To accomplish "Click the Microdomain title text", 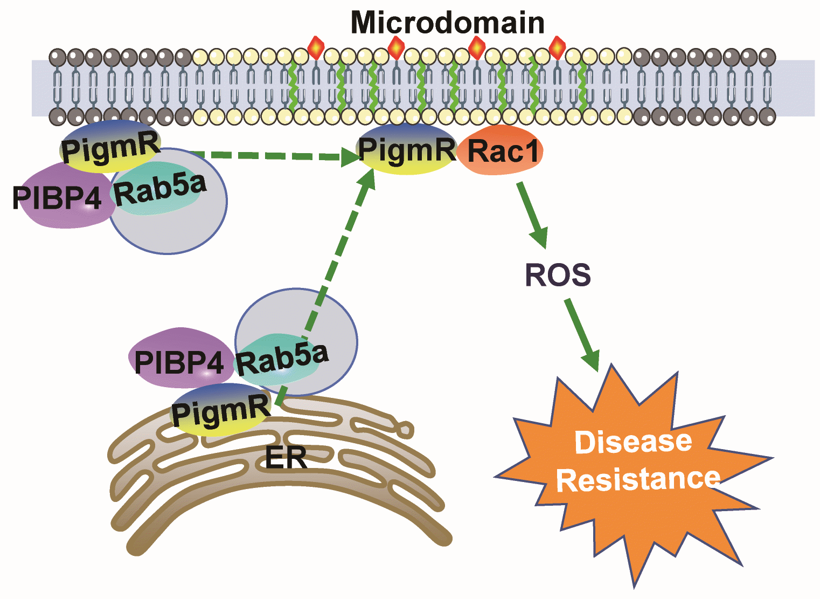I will [447, 23].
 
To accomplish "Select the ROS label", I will [558, 275].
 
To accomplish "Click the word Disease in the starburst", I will [633, 442].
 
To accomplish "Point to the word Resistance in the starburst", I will [638, 479].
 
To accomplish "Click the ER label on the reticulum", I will [286, 458].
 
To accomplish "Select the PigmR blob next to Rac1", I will [407, 150].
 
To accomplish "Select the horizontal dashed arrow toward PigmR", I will [269, 156].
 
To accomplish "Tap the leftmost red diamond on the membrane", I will [316, 49].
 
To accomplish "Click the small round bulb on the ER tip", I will [405, 430].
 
